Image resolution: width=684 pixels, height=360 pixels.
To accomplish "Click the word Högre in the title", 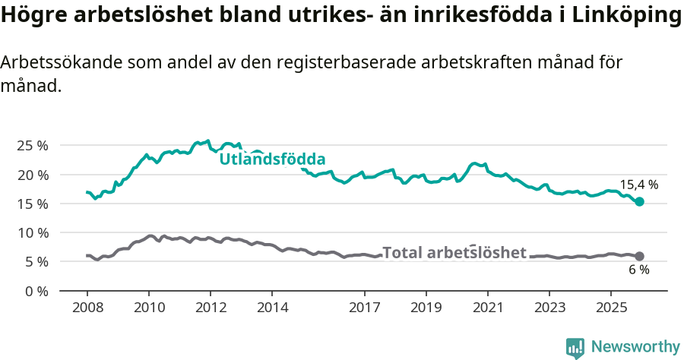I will [x=31, y=17].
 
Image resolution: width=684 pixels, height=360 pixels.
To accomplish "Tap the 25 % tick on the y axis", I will [x=33, y=145].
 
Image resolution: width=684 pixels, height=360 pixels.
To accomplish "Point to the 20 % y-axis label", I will [x=33, y=175].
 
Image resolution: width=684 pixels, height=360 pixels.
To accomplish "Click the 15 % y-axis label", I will [x=33, y=204].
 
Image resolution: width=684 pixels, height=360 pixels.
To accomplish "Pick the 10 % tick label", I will [x=33, y=232].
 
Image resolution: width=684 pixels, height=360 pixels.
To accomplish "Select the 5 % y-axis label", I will [x=36, y=261].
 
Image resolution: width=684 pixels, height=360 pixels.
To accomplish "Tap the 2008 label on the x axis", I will [x=87, y=308].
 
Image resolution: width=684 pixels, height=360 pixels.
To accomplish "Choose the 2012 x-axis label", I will [x=210, y=308].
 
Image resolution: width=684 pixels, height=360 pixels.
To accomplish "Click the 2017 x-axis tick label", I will [x=364, y=308].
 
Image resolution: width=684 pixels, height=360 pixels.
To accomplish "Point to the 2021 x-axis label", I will [x=487, y=308].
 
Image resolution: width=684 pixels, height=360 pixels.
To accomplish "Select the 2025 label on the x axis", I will [x=610, y=308].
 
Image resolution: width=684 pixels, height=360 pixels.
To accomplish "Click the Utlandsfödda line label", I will [x=272, y=159].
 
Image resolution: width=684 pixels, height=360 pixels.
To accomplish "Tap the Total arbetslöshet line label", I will [x=454, y=253].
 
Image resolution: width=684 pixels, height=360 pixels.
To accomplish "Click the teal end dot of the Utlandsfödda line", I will [x=640, y=201].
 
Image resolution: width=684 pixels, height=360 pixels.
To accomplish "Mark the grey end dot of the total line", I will [x=640, y=256].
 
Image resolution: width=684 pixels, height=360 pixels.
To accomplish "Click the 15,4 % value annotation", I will [x=638, y=185].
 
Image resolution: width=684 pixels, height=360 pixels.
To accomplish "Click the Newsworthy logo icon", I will [x=575, y=347].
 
